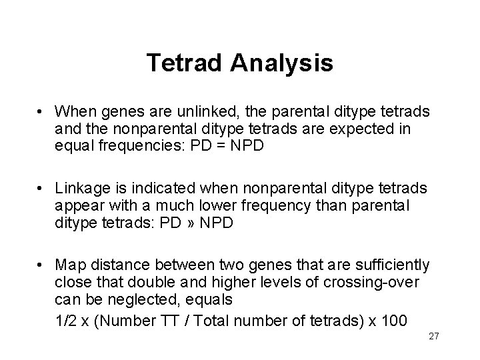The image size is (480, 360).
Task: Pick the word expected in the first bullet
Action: (x=375, y=127)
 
